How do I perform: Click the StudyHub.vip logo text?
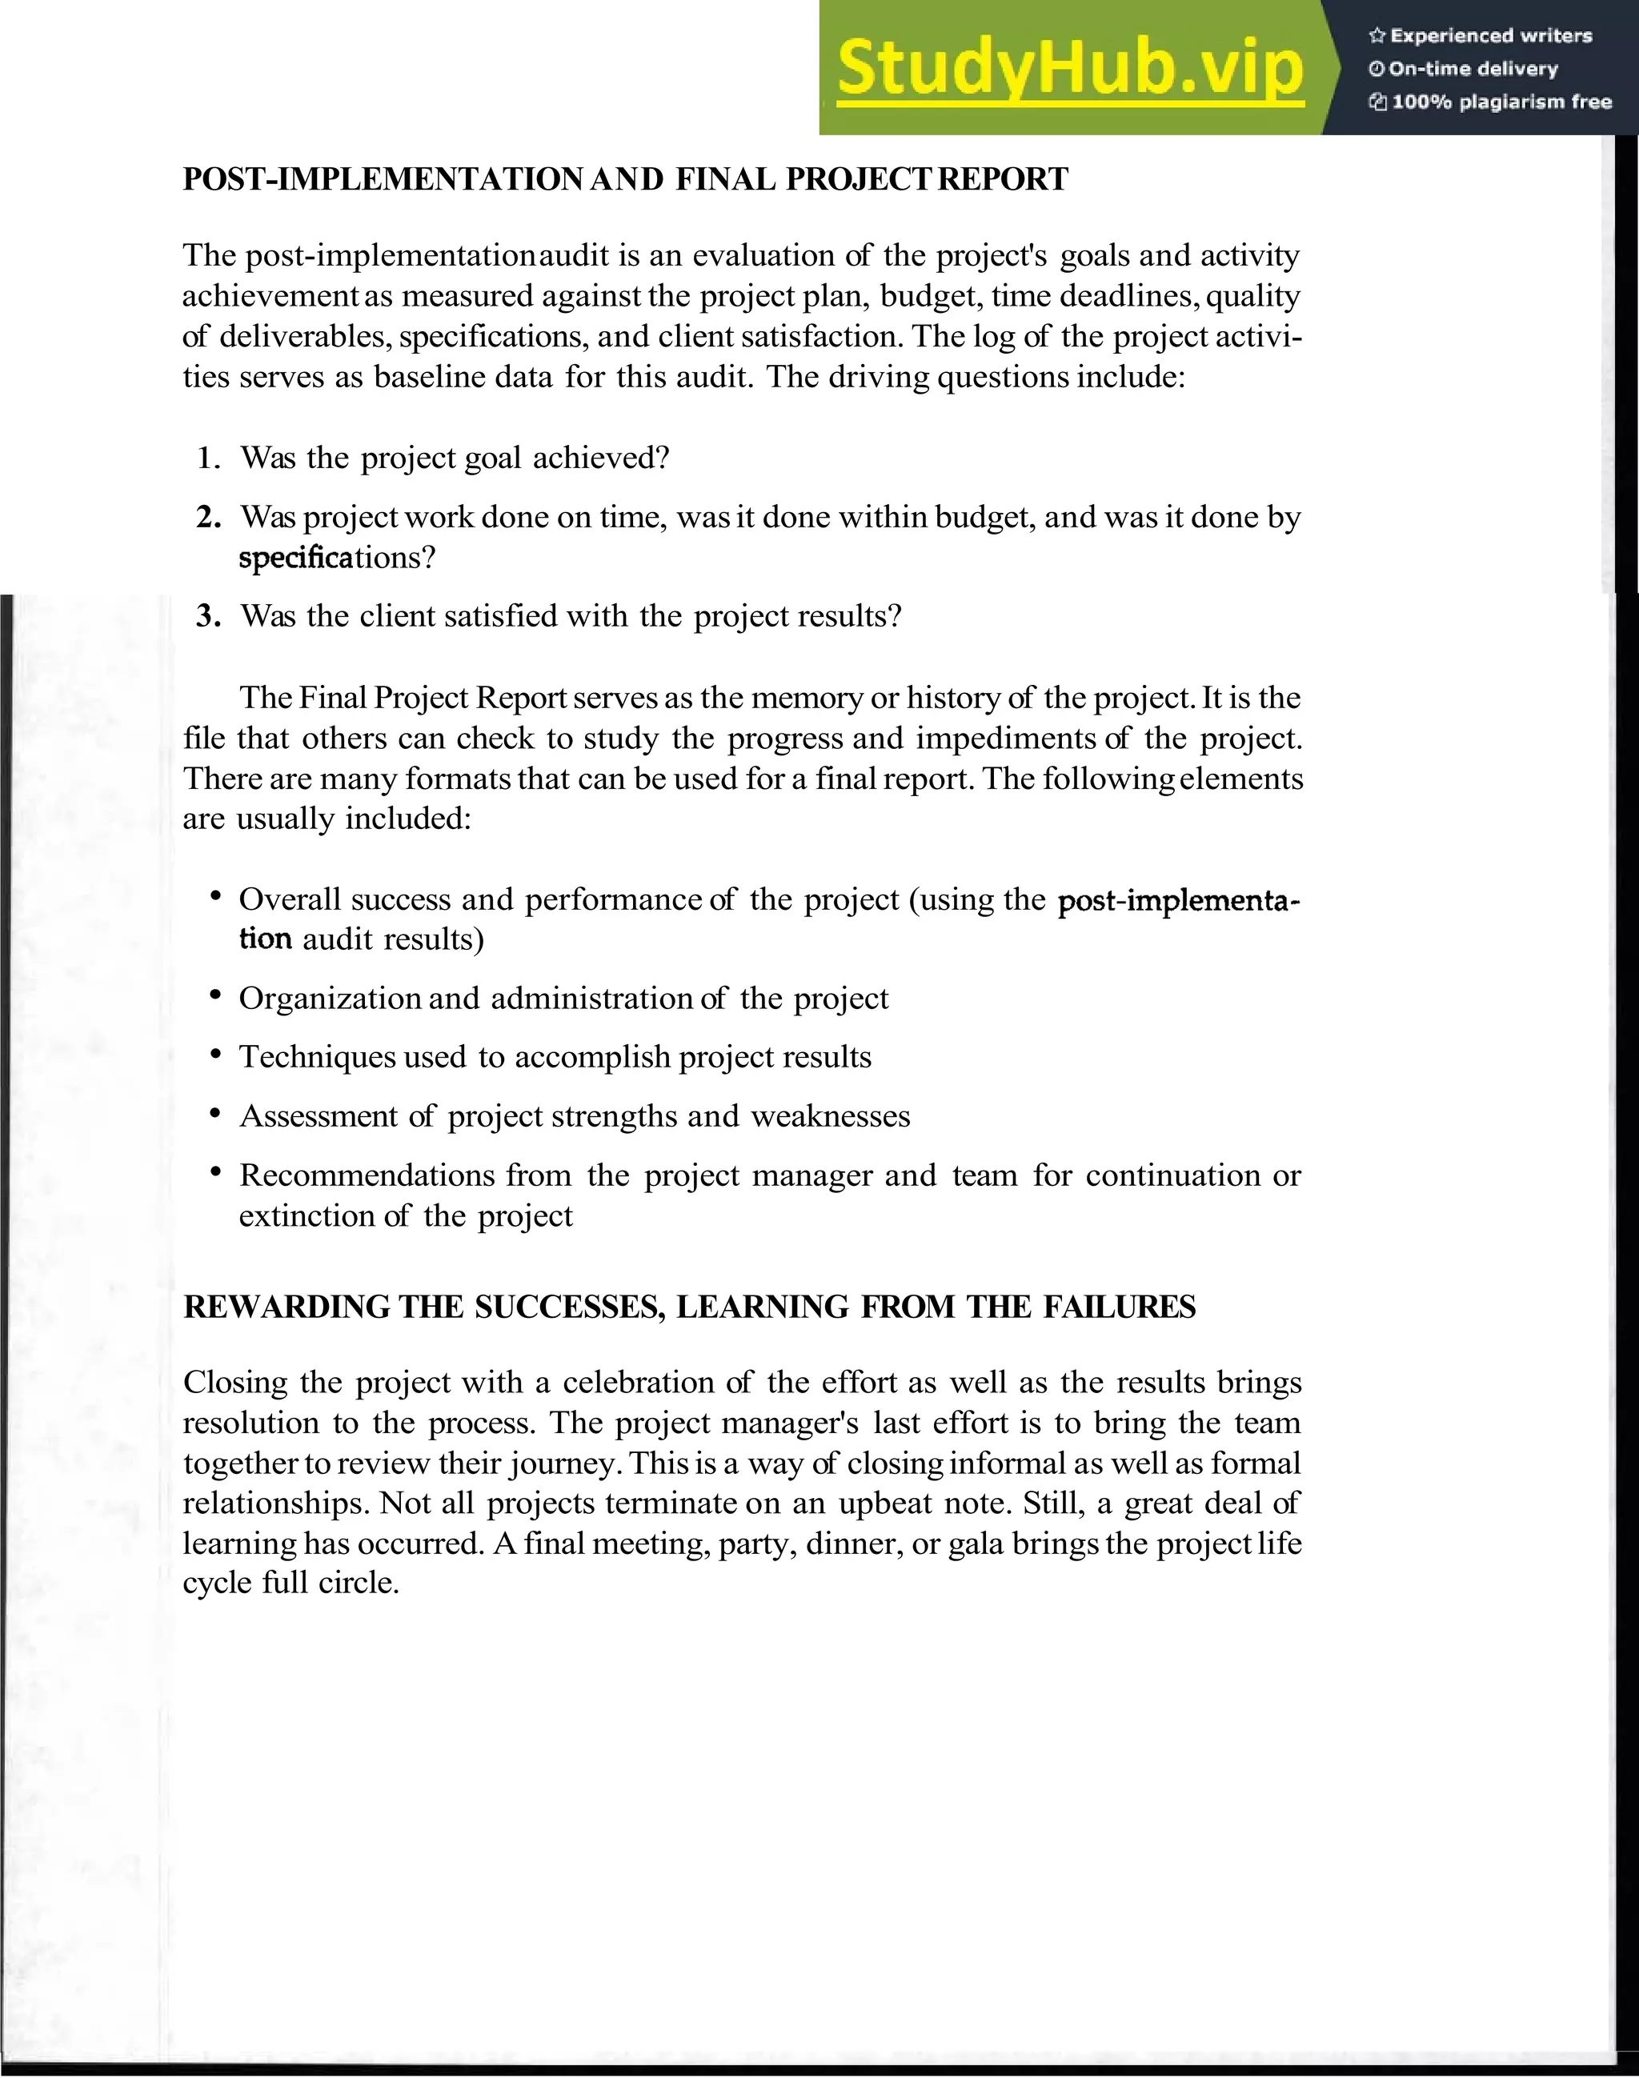(1069, 68)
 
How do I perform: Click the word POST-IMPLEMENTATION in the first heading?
(382, 179)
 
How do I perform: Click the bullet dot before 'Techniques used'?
(216, 1055)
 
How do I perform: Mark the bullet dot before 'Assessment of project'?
(216, 1114)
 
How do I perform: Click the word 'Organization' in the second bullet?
(329, 999)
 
